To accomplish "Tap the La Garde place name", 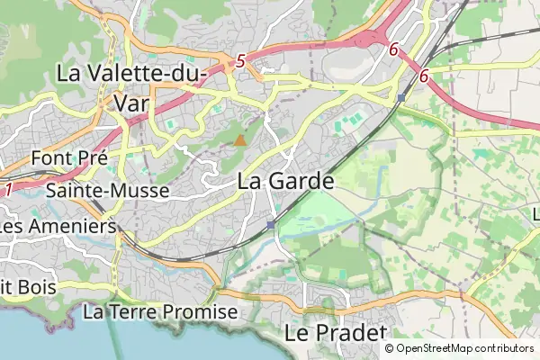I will tap(286, 180).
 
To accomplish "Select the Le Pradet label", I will tap(328, 332).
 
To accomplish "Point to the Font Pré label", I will tap(69, 157).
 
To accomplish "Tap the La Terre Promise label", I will tap(160, 311).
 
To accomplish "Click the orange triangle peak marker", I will tap(239, 140).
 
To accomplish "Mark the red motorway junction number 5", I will tap(240, 61).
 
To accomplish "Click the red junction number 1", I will tap(8, 190).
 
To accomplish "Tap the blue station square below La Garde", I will tap(270, 224).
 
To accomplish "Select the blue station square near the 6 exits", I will tap(400, 96).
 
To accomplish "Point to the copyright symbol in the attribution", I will tap(389, 348).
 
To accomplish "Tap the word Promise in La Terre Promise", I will tap(204, 311).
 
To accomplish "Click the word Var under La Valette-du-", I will tap(133, 102).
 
